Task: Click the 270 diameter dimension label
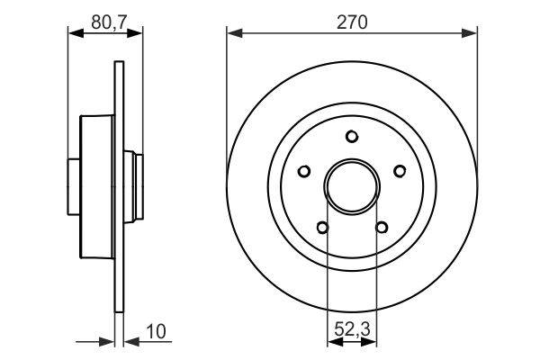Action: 352,22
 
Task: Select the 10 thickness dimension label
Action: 156,331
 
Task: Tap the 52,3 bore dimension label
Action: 352,329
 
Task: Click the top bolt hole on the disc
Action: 352,137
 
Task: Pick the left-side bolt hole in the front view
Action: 304,171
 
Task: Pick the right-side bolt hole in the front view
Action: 400,171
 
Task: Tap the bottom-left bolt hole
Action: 322,228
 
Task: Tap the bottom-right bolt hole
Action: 382,228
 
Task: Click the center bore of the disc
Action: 352,186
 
